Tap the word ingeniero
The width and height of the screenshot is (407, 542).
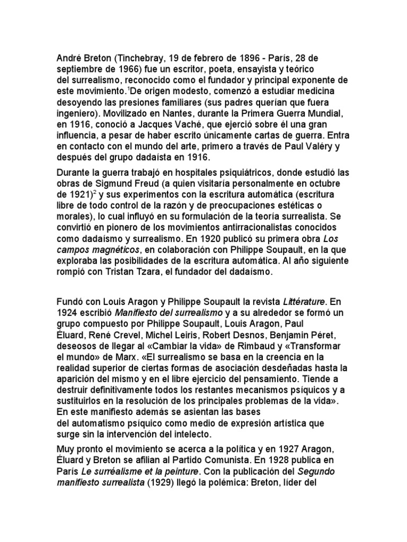click(x=79, y=113)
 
